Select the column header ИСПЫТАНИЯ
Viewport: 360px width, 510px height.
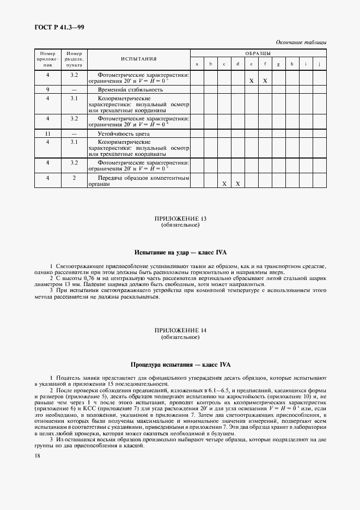(x=138, y=59)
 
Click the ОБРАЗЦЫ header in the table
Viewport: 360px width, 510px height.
(x=258, y=53)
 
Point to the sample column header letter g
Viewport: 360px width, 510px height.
(x=278, y=64)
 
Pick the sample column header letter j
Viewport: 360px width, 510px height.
(x=319, y=64)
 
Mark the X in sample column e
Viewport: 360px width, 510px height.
(x=251, y=81)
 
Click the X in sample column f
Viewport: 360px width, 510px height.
(x=265, y=81)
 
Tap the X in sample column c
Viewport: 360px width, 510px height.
(x=224, y=184)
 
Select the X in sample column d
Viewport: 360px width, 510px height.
(x=237, y=184)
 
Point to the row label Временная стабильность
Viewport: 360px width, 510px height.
(x=131, y=89)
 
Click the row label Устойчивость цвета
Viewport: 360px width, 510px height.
(x=123, y=133)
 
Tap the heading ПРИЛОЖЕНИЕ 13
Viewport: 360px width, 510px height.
(x=180, y=218)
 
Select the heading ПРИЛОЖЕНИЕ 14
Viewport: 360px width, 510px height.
(x=180, y=331)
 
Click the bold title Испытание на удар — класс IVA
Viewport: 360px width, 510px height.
(x=180, y=253)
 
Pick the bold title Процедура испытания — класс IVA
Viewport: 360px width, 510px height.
(x=180, y=365)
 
